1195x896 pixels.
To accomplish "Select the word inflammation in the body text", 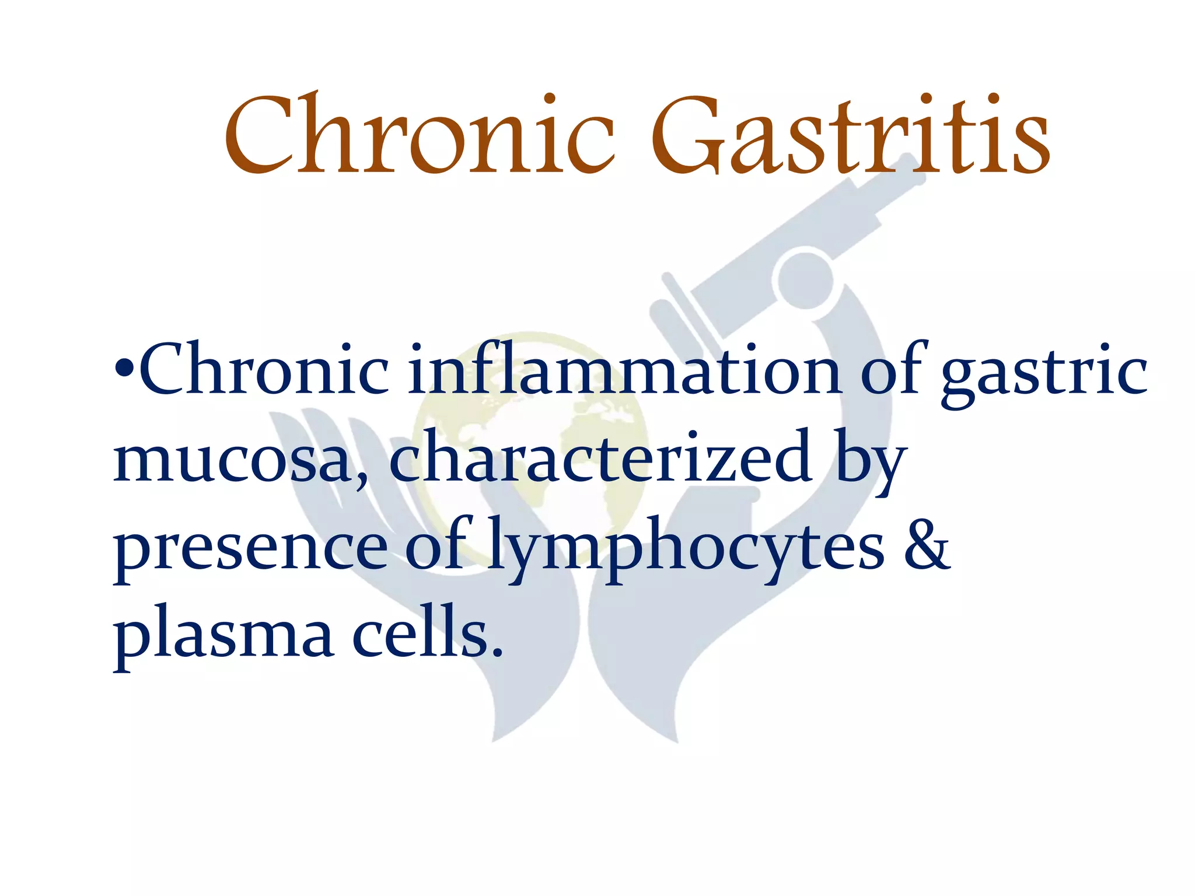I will pos(623,370).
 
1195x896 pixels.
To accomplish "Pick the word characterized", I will pos(600,457).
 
